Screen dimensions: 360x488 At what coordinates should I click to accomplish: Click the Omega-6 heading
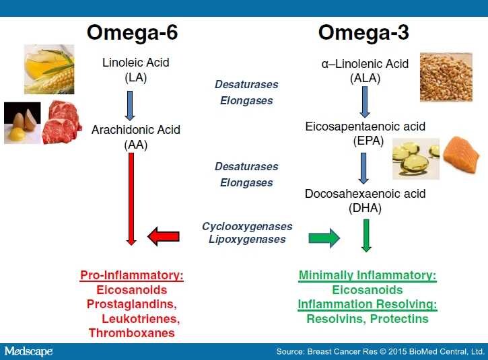[132, 32]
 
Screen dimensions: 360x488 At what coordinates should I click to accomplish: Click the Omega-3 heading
[363, 32]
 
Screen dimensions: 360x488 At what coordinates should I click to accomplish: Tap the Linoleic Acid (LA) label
[135, 69]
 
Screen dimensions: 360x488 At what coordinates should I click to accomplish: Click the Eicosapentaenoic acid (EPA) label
[365, 133]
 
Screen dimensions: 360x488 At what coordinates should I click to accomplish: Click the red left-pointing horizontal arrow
[163, 237]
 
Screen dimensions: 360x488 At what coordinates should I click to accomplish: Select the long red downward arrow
[131, 199]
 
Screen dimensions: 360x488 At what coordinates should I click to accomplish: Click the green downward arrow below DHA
[366, 235]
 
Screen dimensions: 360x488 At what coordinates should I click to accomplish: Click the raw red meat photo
[62, 122]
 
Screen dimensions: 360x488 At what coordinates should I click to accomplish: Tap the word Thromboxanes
[132, 332]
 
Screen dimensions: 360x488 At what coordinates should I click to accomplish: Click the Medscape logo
[28, 351]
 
